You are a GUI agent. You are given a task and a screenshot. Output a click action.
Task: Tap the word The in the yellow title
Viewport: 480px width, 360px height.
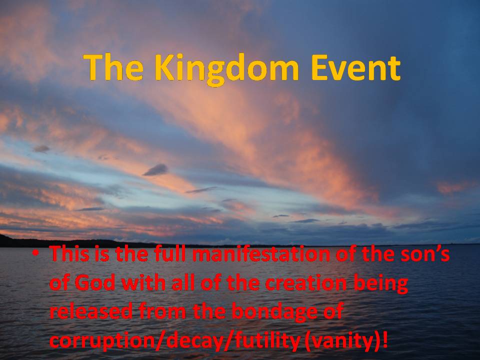113,67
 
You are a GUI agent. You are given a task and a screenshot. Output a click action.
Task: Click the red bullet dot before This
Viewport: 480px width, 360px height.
36,253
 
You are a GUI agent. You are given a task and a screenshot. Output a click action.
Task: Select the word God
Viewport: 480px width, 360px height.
95,282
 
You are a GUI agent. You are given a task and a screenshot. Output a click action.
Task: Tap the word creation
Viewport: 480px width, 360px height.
306,282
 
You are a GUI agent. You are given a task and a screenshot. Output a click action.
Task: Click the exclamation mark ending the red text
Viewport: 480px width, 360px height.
385,339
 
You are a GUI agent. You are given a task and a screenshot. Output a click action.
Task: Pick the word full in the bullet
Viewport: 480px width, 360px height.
169,254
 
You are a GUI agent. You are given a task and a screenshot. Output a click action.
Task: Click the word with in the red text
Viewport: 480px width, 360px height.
143,282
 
